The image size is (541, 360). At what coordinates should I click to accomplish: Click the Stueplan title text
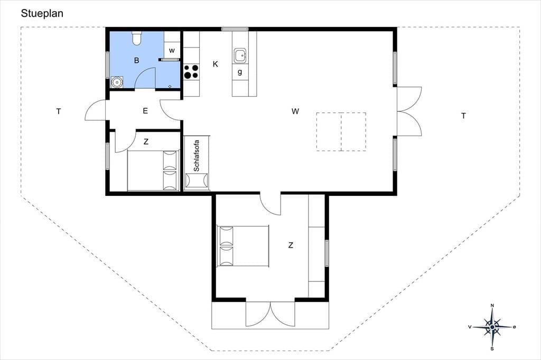click(42, 14)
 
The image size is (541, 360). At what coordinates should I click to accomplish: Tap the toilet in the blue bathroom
click(137, 38)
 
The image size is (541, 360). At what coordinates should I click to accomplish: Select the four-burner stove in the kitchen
click(191, 72)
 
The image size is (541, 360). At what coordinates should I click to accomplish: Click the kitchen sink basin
click(240, 55)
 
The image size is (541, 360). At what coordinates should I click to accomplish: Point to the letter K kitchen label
click(216, 64)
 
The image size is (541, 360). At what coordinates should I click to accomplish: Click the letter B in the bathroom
click(137, 61)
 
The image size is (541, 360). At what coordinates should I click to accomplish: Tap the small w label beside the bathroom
click(172, 51)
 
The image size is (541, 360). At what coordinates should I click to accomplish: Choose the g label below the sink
click(240, 72)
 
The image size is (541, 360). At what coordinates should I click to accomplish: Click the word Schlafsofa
click(197, 156)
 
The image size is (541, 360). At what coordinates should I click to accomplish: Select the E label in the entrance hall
click(145, 111)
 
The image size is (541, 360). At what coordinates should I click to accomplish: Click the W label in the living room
click(295, 111)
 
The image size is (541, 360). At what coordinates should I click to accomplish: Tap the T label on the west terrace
click(59, 111)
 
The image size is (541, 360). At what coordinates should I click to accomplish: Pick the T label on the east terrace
click(463, 116)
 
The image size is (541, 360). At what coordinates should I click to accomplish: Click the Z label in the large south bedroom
click(291, 245)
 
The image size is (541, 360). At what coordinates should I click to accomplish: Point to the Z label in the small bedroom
click(146, 141)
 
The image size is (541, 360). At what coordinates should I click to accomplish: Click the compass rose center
click(492, 327)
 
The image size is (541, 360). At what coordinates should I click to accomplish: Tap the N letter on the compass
click(492, 306)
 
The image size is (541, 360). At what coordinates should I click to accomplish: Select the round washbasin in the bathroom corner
click(117, 82)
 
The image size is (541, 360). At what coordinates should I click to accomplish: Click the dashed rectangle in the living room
click(341, 132)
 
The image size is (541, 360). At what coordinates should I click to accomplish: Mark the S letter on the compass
click(492, 348)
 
